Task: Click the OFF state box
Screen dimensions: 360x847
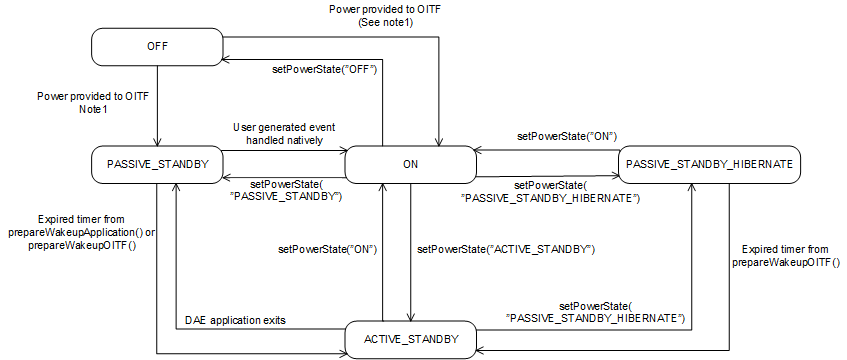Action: click(x=155, y=45)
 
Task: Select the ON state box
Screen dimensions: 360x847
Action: click(x=410, y=164)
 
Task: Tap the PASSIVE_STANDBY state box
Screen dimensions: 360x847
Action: click(x=155, y=164)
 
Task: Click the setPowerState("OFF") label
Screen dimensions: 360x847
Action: click(x=325, y=70)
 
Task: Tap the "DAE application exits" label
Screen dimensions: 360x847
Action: click(x=235, y=320)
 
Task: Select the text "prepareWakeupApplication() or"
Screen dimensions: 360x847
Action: click(x=83, y=232)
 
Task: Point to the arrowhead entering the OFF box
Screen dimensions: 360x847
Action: click(x=225, y=57)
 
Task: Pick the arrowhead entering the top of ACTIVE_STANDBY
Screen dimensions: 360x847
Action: click(x=411, y=318)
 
